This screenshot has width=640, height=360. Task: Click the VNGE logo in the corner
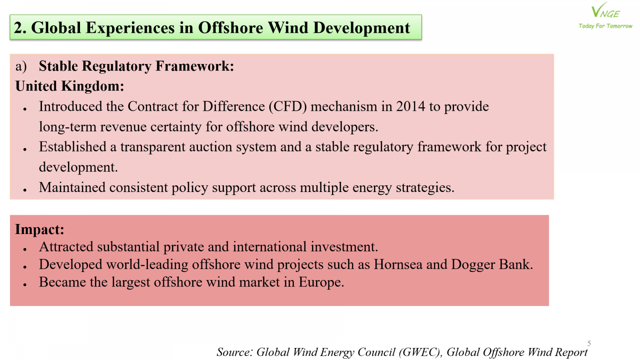coord(605,11)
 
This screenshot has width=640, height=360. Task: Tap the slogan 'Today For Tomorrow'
coord(606,26)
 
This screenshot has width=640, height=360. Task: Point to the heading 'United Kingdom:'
coord(70,86)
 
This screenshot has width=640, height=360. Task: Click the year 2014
coord(410,106)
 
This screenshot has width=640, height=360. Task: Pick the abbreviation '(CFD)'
coord(288,107)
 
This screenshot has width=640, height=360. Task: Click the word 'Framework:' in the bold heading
coord(194,66)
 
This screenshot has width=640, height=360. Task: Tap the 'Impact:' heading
coord(40,229)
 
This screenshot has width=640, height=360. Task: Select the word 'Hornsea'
coord(398,264)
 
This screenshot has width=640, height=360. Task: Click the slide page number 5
coord(589,343)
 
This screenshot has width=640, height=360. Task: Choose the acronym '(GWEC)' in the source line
coord(420,352)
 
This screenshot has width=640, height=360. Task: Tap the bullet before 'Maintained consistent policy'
coord(25,190)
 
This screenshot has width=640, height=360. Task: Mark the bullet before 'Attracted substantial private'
coord(25,250)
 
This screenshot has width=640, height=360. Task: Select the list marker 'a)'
coord(21,66)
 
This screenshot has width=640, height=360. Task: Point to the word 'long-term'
coord(68,127)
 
